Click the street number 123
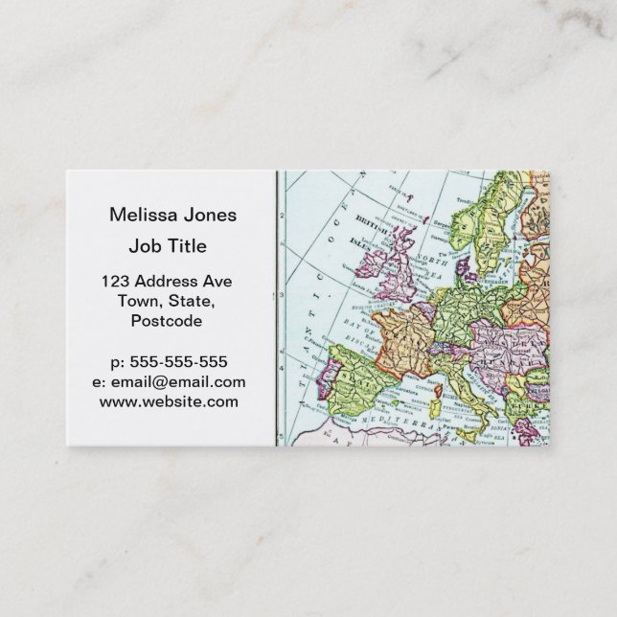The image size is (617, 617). (x=116, y=282)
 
